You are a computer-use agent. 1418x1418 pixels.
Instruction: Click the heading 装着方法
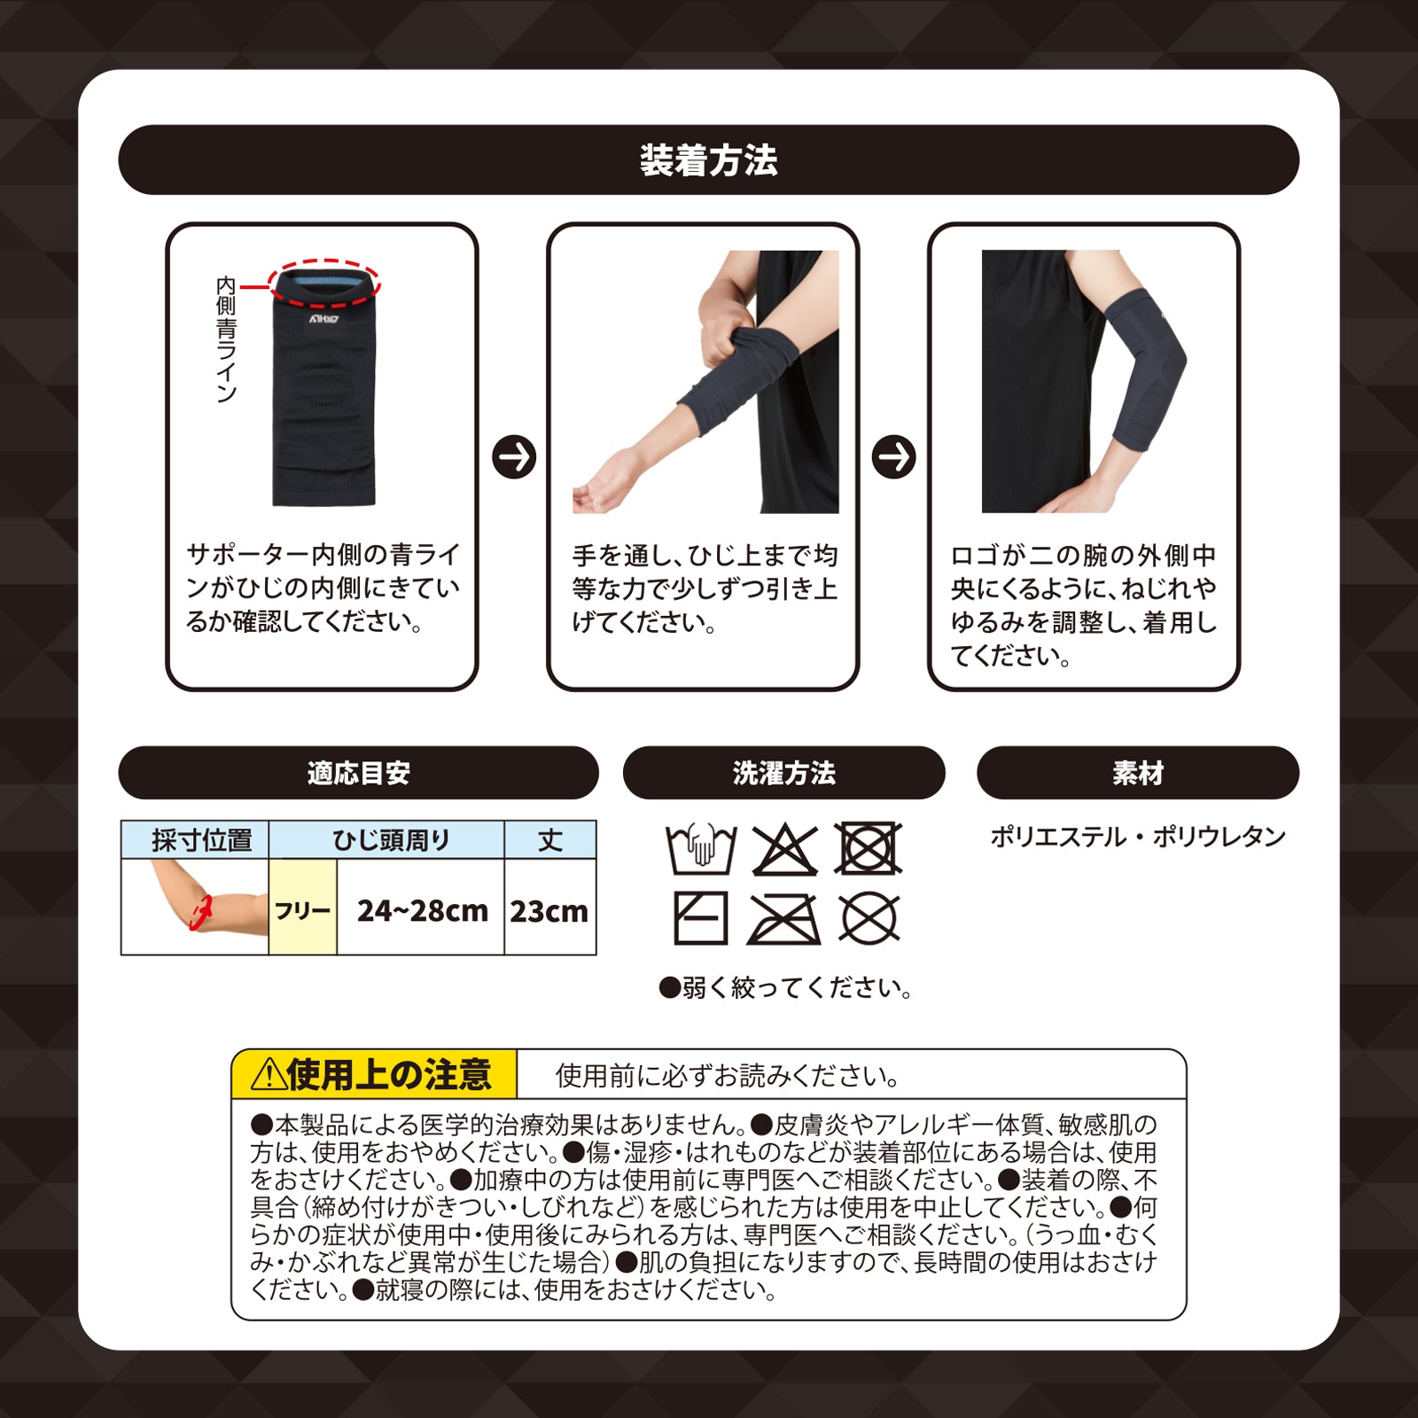708,160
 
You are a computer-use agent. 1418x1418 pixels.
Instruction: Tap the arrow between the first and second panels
514,457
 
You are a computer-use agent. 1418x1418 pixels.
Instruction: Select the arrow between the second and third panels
893,457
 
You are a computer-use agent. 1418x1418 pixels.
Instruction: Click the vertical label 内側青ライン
226,339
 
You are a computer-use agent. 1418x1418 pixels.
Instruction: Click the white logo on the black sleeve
324,320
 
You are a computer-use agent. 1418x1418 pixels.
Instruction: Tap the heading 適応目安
358,773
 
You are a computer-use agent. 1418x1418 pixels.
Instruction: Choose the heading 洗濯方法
783,773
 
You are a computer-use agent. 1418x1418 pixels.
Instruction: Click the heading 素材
1138,773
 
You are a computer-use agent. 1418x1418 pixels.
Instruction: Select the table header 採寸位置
201,840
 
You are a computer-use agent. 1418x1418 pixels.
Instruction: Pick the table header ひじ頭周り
391,840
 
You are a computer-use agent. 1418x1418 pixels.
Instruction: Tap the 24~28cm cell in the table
422,910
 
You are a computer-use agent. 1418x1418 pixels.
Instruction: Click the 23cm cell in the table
549,910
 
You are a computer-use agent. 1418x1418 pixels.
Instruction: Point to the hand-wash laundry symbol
701,849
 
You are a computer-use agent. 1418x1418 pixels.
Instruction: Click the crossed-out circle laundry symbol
869,917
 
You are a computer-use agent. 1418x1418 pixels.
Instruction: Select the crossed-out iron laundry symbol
783,918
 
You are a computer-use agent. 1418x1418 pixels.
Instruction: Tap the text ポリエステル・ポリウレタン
1138,837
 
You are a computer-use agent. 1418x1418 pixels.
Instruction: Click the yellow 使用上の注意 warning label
374,1075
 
